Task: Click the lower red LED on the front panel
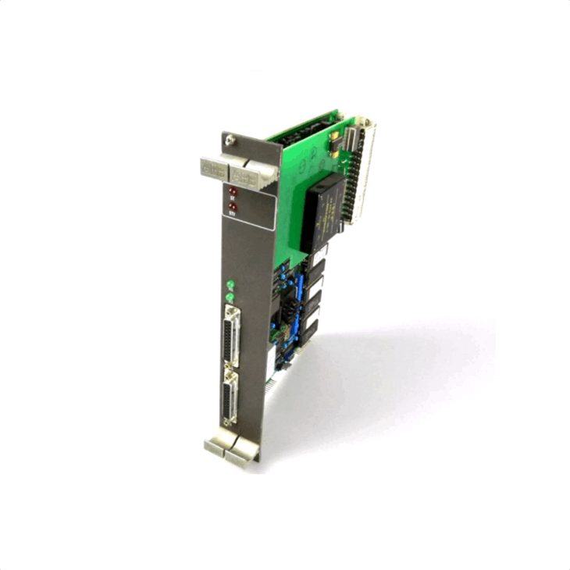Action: (x=232, y=206)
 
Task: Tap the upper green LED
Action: (x=230, y=284)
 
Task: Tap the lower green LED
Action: (x=230, y=297)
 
